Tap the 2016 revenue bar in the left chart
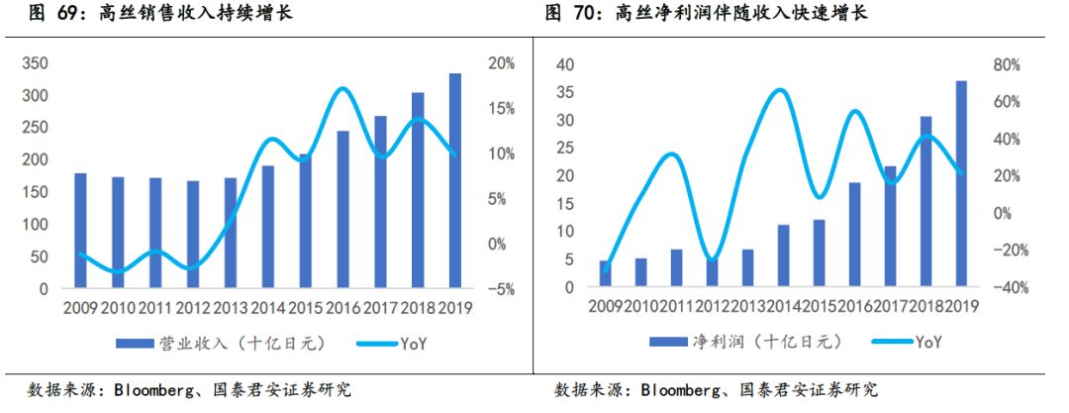pyautogui.click(x=342, y=209)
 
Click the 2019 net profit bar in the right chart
pyautogui.click(x=961, y=184)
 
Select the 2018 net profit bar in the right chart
pyautogui.click(x=925, y=202)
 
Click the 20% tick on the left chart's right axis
pyautogui.click(x=501, y=63)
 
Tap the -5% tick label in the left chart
pyautogui.click(x=501, y=290)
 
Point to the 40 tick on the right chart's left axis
pyautogui.click(x=565, y=65)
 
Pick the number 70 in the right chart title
pyautogui.click(x=588, y=14)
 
